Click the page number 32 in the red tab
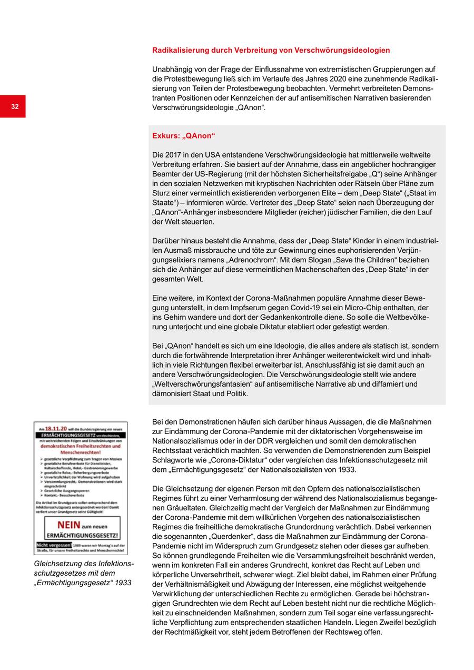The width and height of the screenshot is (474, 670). point(15,107)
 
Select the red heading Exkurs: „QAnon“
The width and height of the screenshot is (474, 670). point(184,135)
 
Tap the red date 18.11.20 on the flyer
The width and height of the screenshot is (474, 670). point(55,429)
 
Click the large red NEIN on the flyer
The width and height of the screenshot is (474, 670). point(69,525)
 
